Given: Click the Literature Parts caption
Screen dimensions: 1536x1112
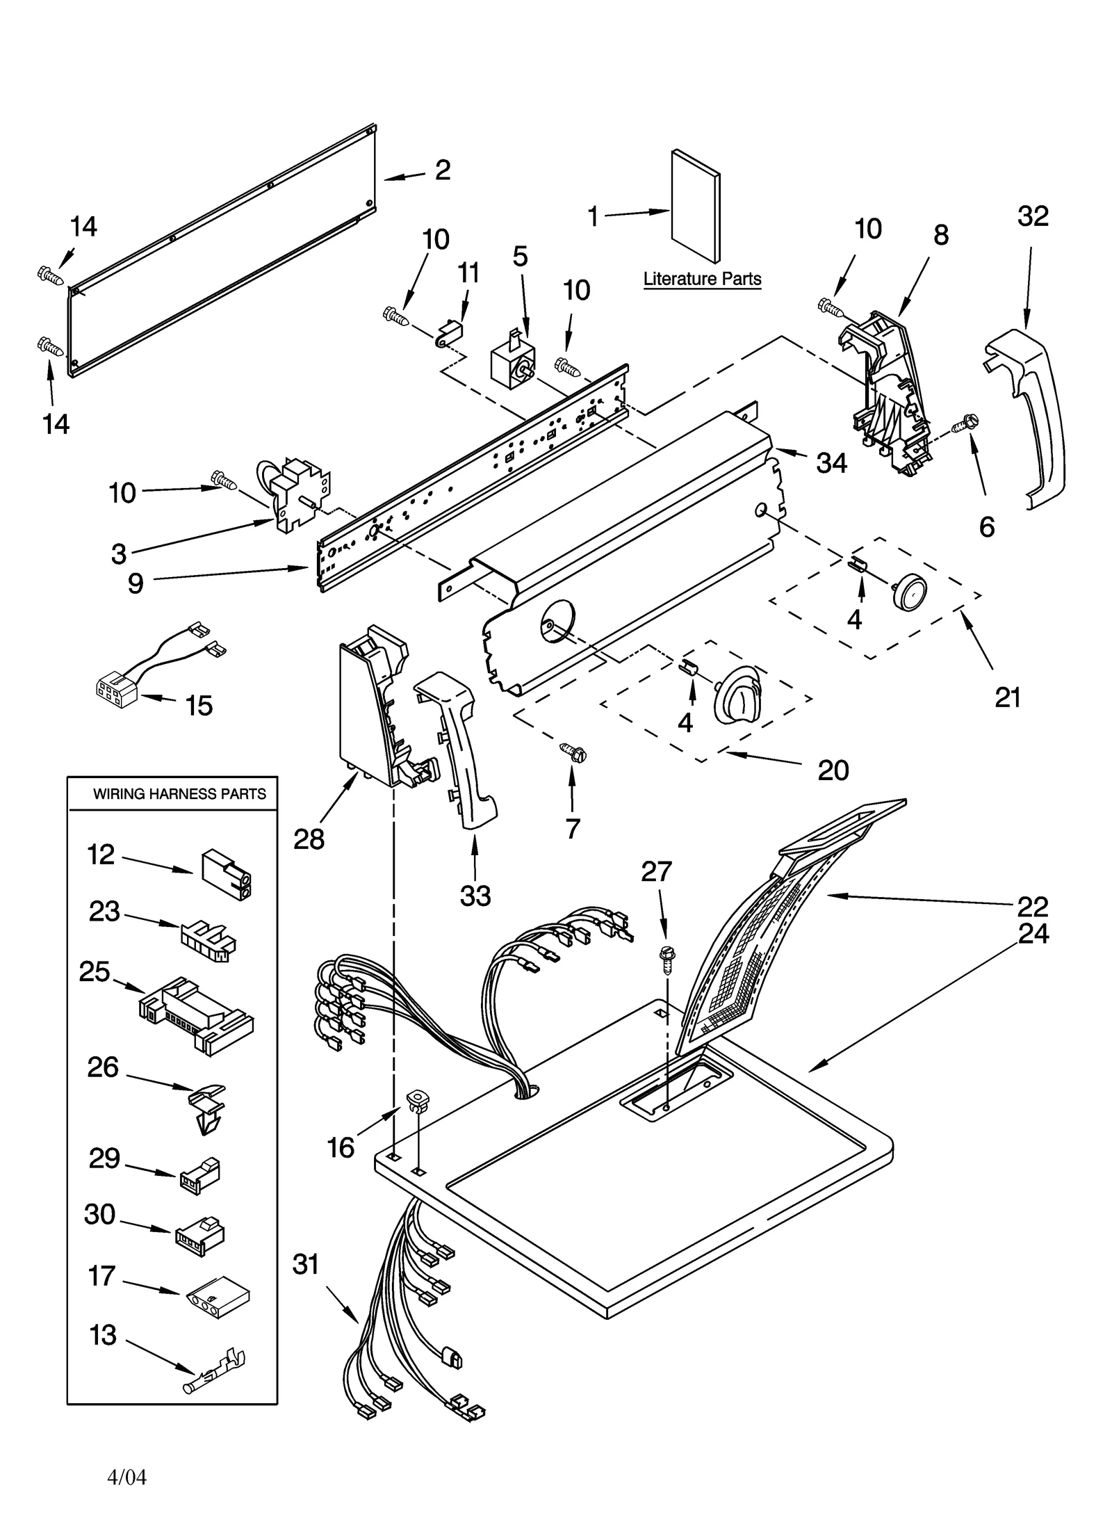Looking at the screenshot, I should pos(702,279).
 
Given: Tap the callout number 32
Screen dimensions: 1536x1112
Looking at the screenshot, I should pos(1032,216).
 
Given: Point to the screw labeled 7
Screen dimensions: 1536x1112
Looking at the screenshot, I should pos(574,752).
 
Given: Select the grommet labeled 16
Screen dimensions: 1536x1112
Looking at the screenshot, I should pos(418,1099).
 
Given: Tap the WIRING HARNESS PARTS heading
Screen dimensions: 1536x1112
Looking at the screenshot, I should pos(179,793).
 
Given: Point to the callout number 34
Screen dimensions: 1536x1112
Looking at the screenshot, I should pos(831,462).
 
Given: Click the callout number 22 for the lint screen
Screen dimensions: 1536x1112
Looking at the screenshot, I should pos(1032,906).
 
